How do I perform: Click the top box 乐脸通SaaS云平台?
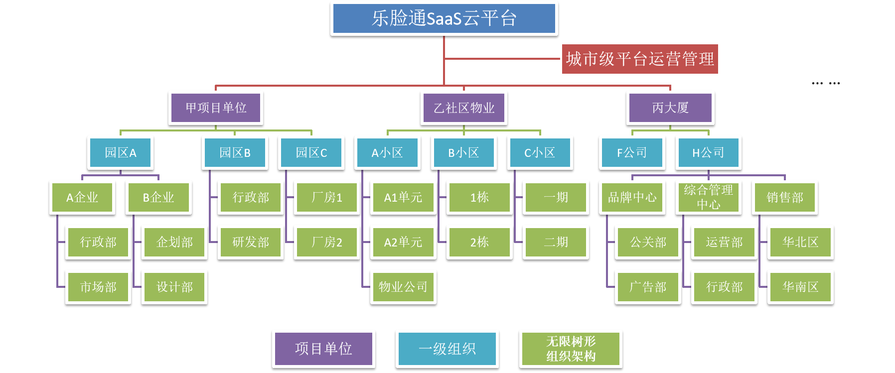444,18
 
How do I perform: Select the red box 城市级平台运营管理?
640,59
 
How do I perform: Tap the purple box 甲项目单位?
216,108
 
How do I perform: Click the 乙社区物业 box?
464,108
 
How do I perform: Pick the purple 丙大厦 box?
670,108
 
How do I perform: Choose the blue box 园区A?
121,153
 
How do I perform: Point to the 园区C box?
311,153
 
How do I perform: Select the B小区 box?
464,153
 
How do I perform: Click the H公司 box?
708,153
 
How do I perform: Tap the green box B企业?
158,198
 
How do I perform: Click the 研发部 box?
251,243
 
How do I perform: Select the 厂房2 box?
327,243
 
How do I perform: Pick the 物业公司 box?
403,287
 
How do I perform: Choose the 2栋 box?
479,243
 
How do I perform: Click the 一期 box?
556,198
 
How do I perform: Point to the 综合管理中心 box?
708,198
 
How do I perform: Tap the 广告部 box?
648,287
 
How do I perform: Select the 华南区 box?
800,287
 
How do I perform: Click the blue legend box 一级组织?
447,349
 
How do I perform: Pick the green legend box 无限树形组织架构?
571,349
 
